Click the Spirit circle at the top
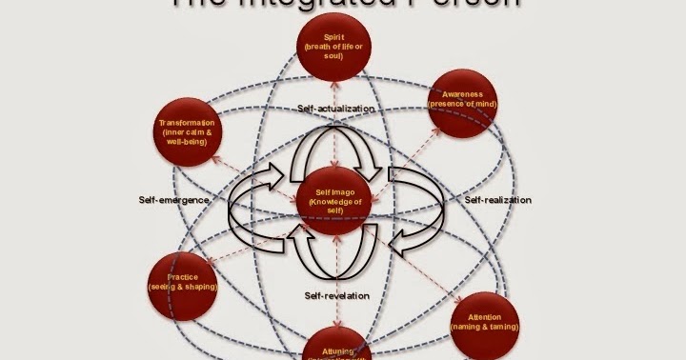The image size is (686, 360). click(333, 48)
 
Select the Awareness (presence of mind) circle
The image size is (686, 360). click(463, 104)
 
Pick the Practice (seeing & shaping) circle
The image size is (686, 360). click(183, 282)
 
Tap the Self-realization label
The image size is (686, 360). click(498, 200)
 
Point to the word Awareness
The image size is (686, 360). click(463, 95)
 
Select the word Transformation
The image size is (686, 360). click(188, 124)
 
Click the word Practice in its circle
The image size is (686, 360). click(183, 276)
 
